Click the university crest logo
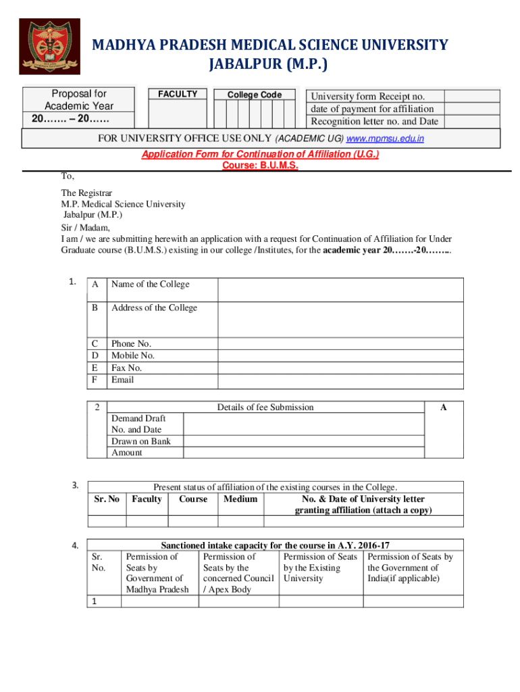click(x=49, y=46)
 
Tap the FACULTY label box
click(x=178, y=94)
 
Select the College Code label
click(x=254, y=95)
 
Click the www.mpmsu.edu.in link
click(x=385, y=139)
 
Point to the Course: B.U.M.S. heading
click(x=260, y=165)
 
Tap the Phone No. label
click(x=131, y=343)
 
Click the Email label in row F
click(x=122, y=380)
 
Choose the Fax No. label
click(x=126, y=368)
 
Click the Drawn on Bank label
click(x=140, y=441)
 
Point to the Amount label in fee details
click(x=126, y=453)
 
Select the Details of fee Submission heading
click(x=265, y=407)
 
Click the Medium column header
click(x=240, y=499)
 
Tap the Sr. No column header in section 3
click(x=106, y=499)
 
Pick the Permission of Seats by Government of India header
click(x=410, y=568)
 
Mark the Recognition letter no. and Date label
click(x=374, y=122)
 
